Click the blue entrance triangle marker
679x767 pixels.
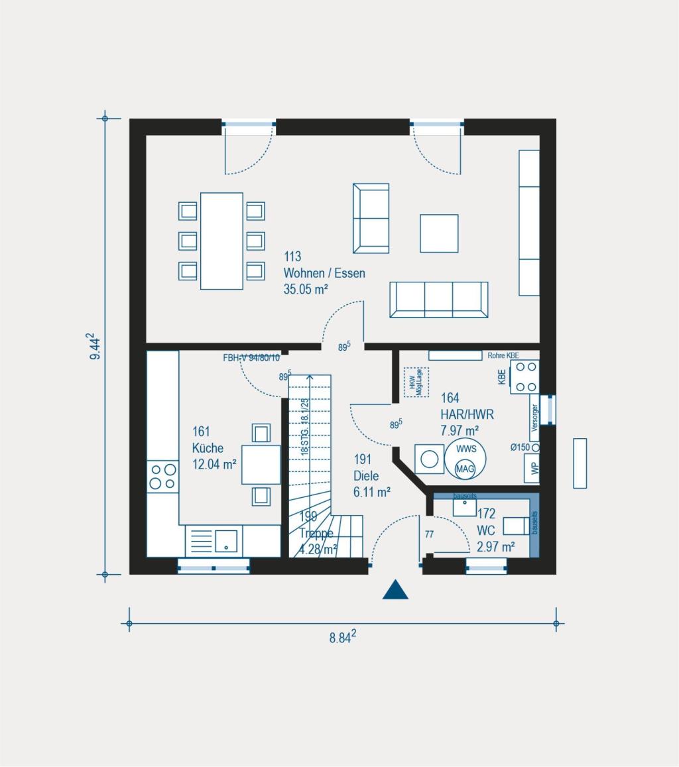point(395,591)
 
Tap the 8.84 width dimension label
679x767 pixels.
point(343,638)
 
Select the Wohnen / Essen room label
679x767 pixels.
point(324,273)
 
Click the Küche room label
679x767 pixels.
point(208,448)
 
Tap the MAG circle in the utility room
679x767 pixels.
point(465,469)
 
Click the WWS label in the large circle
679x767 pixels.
point(465,449)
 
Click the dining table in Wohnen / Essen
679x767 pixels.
point(221,241)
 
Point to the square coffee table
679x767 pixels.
point(439,233)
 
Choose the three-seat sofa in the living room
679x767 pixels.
point(438,300)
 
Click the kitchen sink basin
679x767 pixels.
point(225,540)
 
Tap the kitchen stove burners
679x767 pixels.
point(163,477)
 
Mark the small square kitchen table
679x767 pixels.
point(261,465)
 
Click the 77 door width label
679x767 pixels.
point(429,534)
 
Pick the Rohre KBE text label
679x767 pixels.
point(503,355)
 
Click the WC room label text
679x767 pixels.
point(486,531)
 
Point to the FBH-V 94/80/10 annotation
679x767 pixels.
point(251,358)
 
